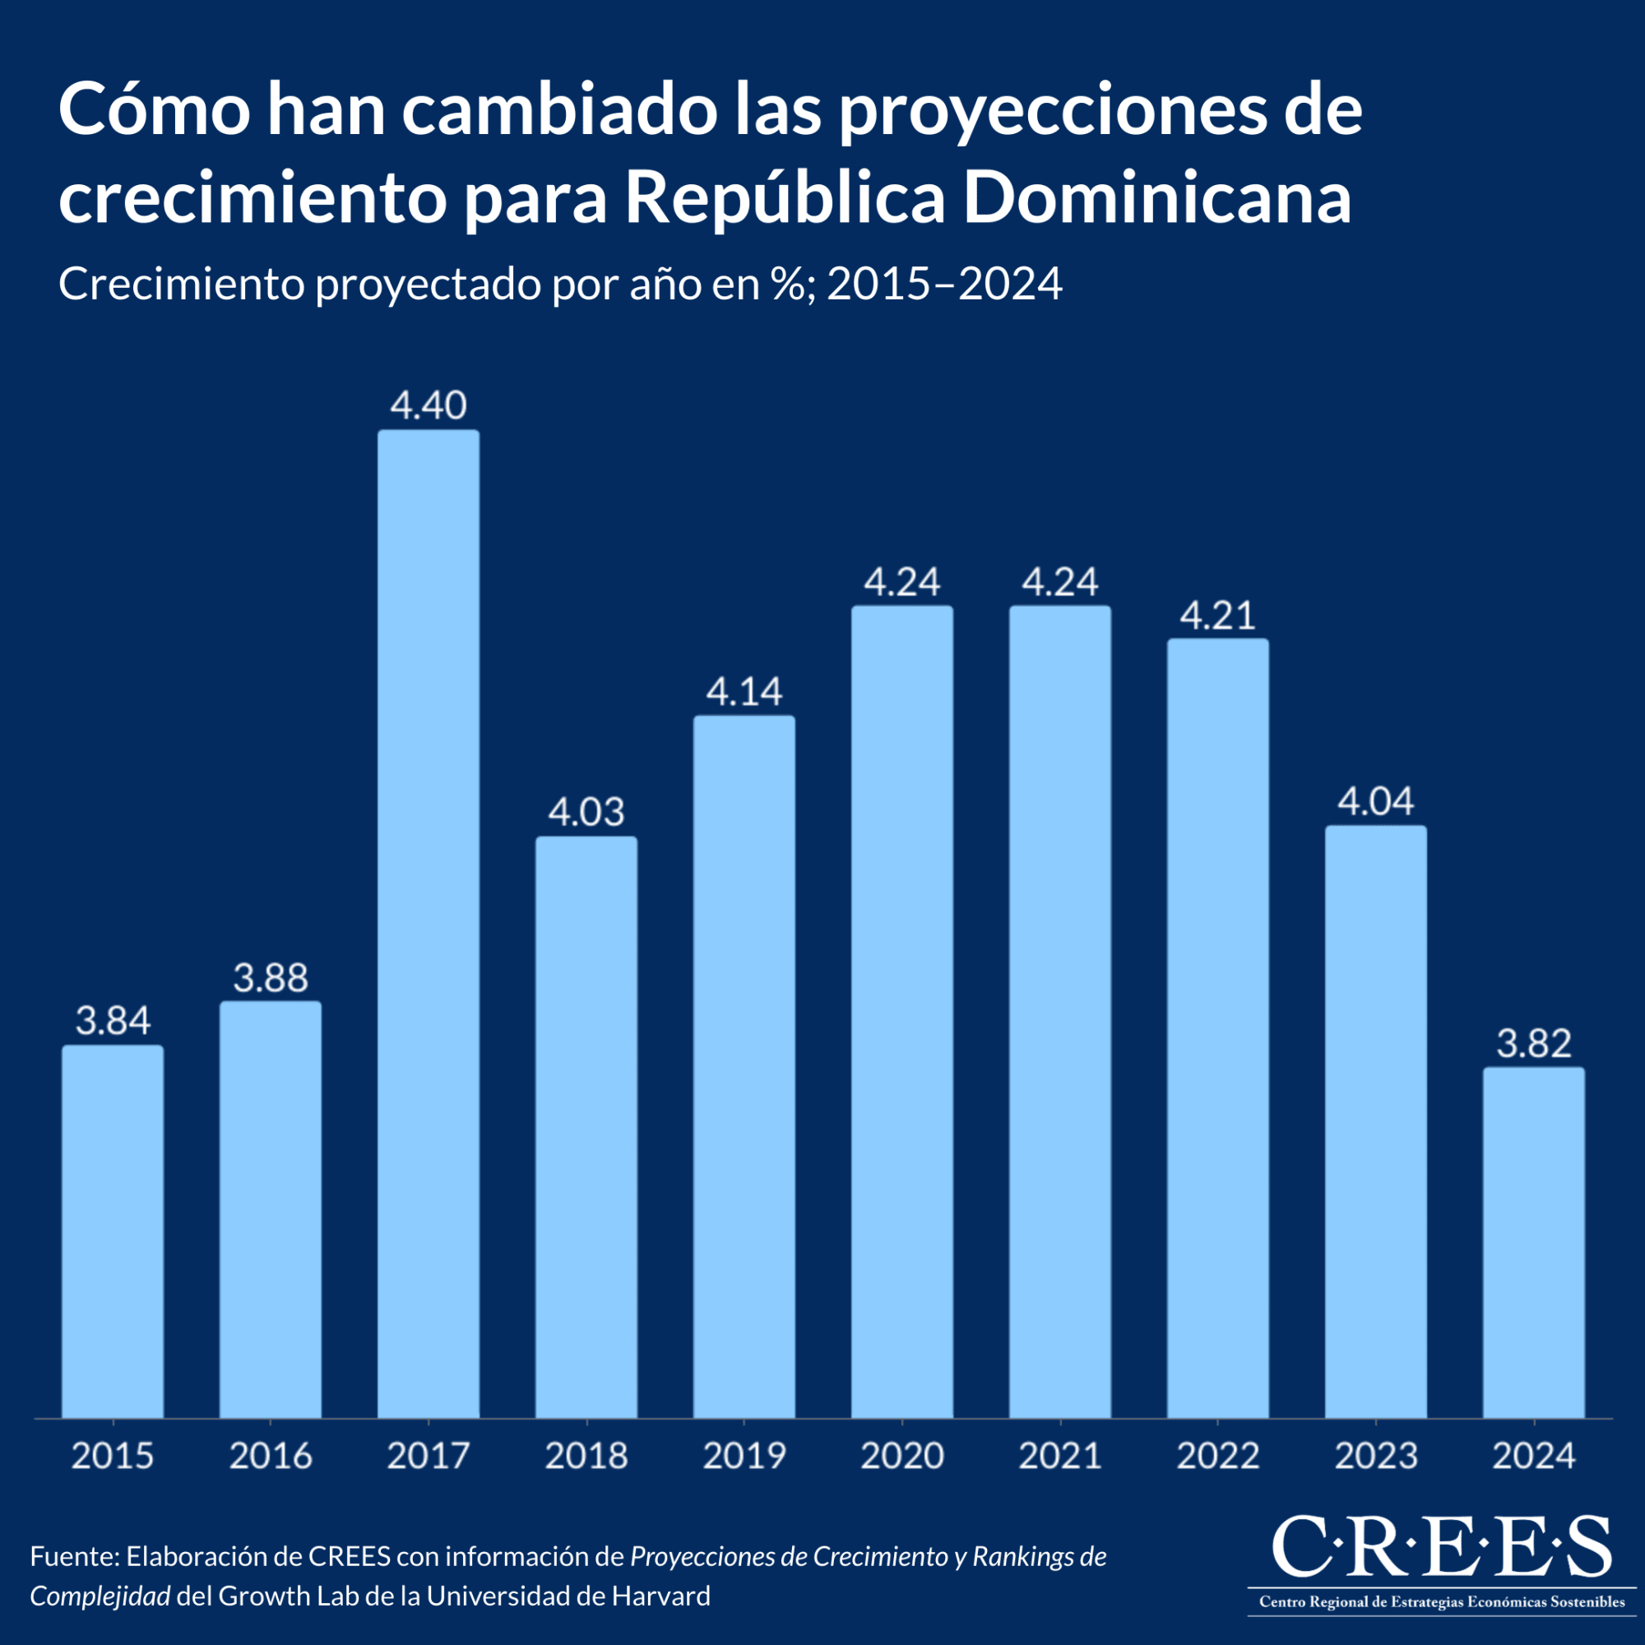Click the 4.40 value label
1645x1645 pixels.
point(429,405)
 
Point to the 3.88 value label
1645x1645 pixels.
point(271,978)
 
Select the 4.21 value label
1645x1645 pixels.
point(1217,615)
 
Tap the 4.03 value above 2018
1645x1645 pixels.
point(586,813)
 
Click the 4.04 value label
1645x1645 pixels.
point(1375,801)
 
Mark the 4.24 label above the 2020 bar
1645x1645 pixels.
point(901,582)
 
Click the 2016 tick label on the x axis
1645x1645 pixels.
point(271,1457)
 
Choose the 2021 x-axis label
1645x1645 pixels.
point(1060,1457)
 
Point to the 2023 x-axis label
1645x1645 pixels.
point(1375,1457)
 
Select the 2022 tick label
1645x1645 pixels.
point(1217,1457)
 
